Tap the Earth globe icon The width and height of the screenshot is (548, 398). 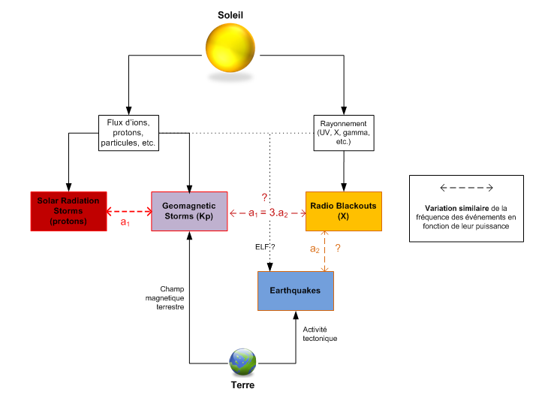pos(242,363)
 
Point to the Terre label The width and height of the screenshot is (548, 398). pos(242,385)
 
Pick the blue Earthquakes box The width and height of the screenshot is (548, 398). pos(295,291)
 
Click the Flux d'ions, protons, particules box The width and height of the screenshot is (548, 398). pos(129,133)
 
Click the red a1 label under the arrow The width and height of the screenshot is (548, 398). pos(125,223)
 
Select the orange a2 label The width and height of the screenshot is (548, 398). pos(315,249)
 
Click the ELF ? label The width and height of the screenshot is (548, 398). pos(265,247)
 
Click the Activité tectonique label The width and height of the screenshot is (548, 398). pos(320,334)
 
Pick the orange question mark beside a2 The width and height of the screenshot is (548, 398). pos(339,249)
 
